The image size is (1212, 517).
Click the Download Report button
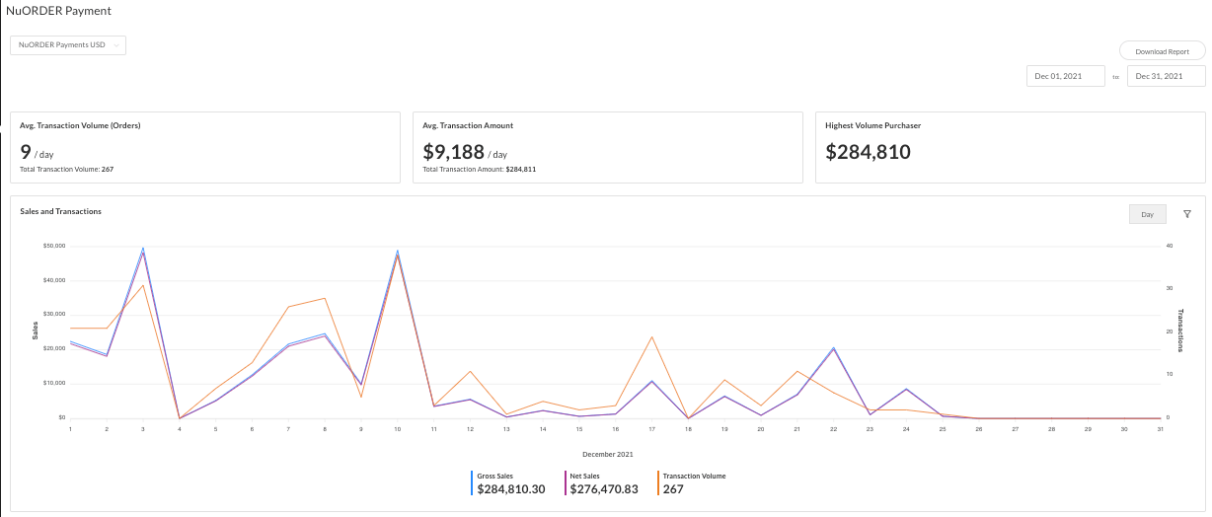1162,51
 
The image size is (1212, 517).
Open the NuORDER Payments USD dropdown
68,44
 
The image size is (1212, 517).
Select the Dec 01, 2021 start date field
1065,76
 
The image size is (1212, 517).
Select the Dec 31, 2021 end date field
1167,76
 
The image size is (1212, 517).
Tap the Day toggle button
1147,214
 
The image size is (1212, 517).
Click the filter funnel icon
1187,214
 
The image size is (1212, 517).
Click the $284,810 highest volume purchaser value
868,152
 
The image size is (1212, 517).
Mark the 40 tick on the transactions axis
1169,246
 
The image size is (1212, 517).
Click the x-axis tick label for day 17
651,429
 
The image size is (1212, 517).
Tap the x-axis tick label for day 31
1161,429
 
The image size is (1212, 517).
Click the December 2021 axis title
607,455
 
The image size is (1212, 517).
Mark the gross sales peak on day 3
143,248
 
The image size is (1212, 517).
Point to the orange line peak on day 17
652,336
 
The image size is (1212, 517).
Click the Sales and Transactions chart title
60,211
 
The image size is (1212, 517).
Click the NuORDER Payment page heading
59,11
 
